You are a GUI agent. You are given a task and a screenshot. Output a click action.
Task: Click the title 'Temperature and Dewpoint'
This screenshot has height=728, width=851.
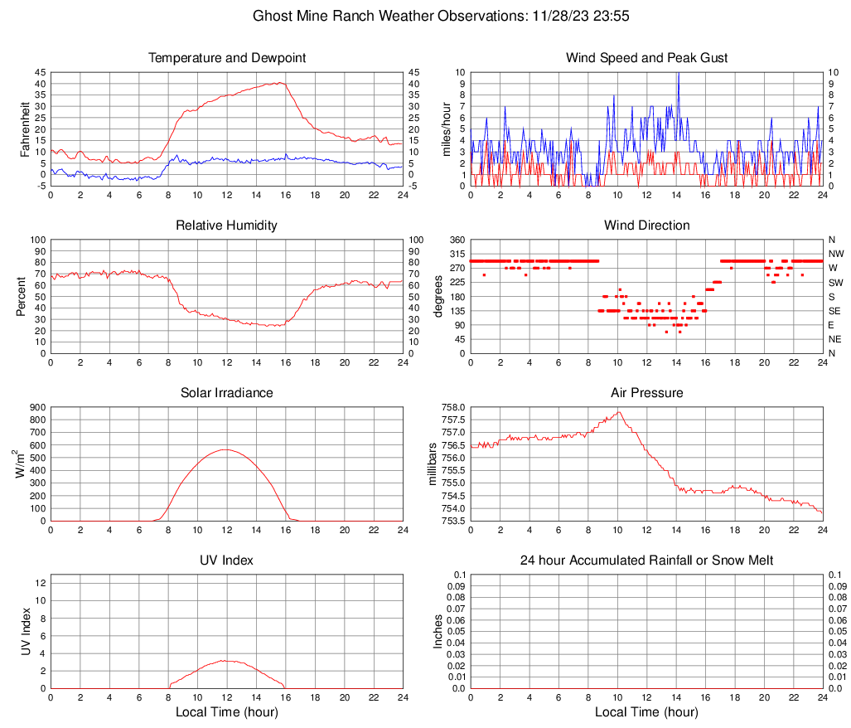(x=226, y=58)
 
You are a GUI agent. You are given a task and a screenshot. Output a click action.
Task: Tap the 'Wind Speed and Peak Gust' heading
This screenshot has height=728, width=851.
(x=646, y=58)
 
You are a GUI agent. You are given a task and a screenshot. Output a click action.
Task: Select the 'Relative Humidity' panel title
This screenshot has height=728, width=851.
(x=226, y=226)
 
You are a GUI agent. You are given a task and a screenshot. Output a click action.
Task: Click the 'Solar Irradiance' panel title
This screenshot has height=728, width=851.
(x=226, y=393)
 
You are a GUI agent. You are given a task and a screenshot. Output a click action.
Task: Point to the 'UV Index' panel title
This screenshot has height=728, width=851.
(x=226, y=561)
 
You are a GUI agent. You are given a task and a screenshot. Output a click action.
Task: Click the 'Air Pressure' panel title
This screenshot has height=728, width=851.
(x=646, y=393)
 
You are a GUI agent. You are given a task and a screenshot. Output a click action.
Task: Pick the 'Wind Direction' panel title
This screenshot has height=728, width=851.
(x=646, y=226)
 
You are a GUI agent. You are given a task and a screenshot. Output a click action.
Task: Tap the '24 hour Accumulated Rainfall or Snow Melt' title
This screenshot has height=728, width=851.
(x=646, y=561)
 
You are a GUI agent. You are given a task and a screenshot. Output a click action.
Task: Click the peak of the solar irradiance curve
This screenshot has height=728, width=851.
(x=225, y=449)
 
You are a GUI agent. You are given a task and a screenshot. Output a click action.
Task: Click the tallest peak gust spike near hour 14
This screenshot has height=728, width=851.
(x=678, y=74)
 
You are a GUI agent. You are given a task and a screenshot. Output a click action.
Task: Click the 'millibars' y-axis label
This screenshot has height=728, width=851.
(x=432, y=464)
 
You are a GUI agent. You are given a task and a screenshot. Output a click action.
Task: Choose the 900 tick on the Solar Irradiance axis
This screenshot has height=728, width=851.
(x=38, y=407)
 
